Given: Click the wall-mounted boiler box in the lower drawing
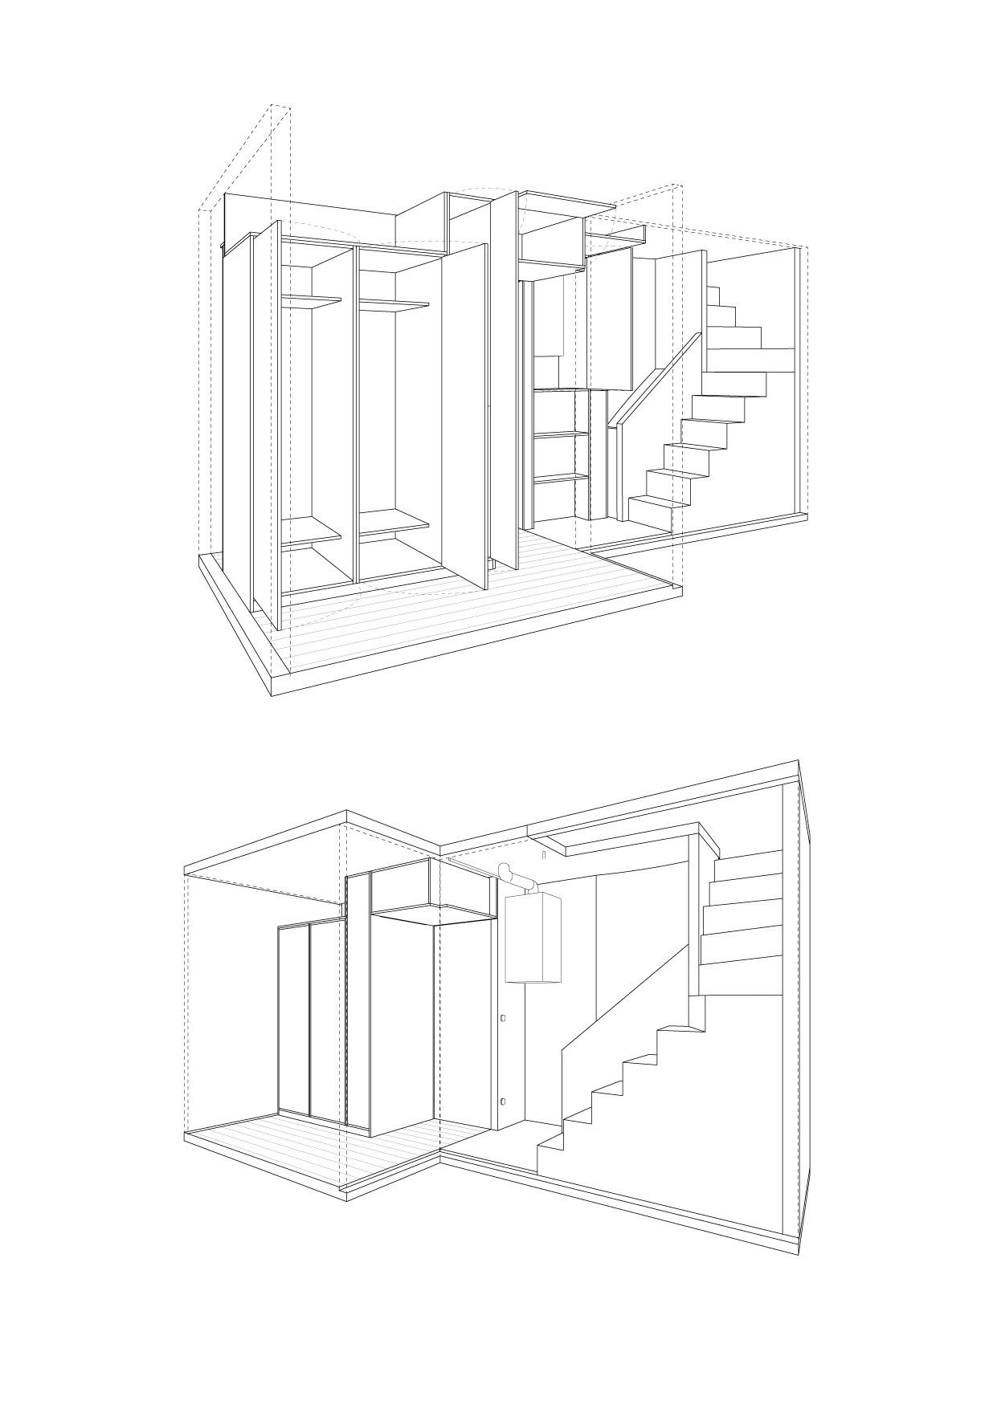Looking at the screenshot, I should (533, 938).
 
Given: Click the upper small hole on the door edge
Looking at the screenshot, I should (503, 1019).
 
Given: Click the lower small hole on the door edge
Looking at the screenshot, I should (503, 1102).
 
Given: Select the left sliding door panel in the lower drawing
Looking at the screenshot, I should (293, 1020).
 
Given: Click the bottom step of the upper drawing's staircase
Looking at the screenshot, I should (655, 507).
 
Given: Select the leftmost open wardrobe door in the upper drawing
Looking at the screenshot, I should (266, 417).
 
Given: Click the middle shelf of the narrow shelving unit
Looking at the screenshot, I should (560, 434).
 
